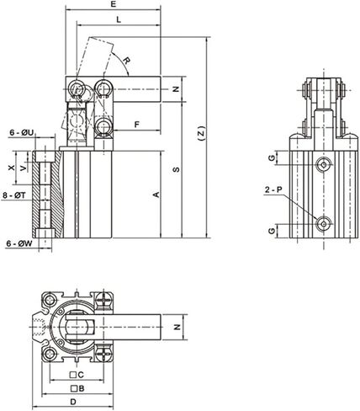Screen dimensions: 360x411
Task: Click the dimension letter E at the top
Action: click(114, 4)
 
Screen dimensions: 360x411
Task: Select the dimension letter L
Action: click(119, 19)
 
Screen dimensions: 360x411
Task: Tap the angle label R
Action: click(127, 61)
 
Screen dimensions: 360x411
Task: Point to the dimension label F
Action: click(137, 124)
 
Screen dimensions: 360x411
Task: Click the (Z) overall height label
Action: click(201, 133)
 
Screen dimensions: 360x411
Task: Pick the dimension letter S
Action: click(176, 169)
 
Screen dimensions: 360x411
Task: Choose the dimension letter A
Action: click(156, 195)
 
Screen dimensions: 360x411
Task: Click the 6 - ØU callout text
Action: click(22, 132)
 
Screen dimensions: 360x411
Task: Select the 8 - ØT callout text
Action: click(14, 195)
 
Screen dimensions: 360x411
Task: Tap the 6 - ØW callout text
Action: click(19, 243)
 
